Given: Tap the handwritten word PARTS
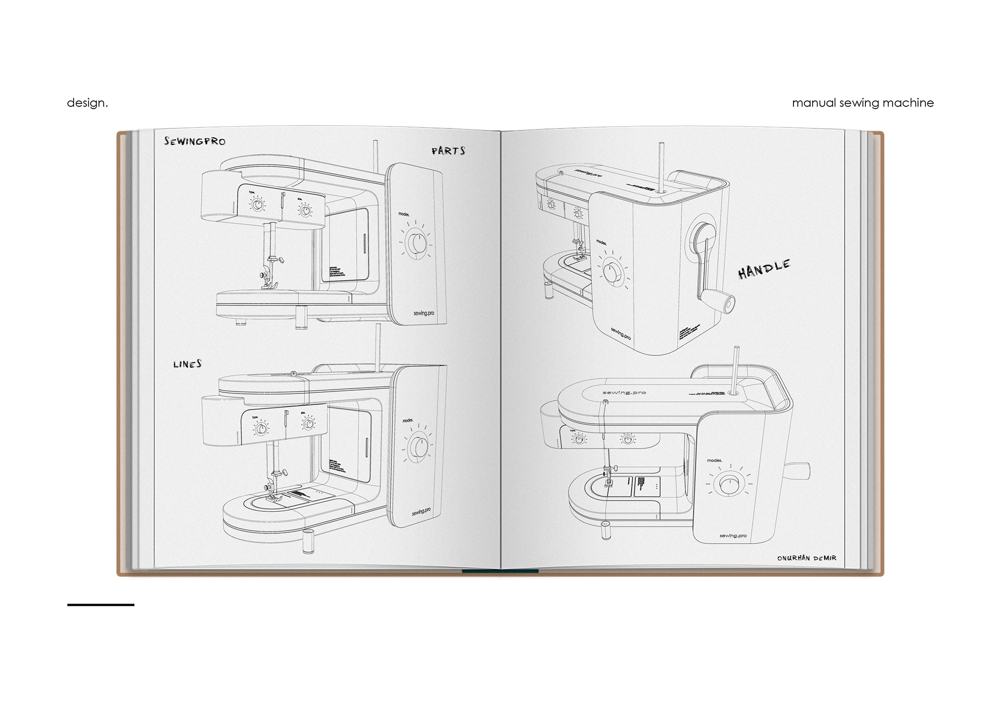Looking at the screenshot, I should pos(448,151).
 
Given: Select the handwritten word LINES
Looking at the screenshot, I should pos(188,364).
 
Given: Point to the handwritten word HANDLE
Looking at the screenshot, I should pos(764,269).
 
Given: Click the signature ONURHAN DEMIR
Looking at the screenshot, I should pos(807,558).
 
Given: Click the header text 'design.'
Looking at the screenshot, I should pos(87,103).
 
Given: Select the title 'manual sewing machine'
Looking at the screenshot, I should pos(862,103).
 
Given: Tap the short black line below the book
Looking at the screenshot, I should pos(101,605).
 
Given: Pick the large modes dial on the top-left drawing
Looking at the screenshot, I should pos(416,244).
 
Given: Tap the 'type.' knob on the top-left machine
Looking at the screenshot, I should pos(258,205).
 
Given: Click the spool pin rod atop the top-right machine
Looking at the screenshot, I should pos(661,167).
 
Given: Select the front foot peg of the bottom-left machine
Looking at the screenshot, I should pos(308,540).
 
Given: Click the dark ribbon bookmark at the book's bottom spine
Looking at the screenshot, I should pos(500,571).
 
